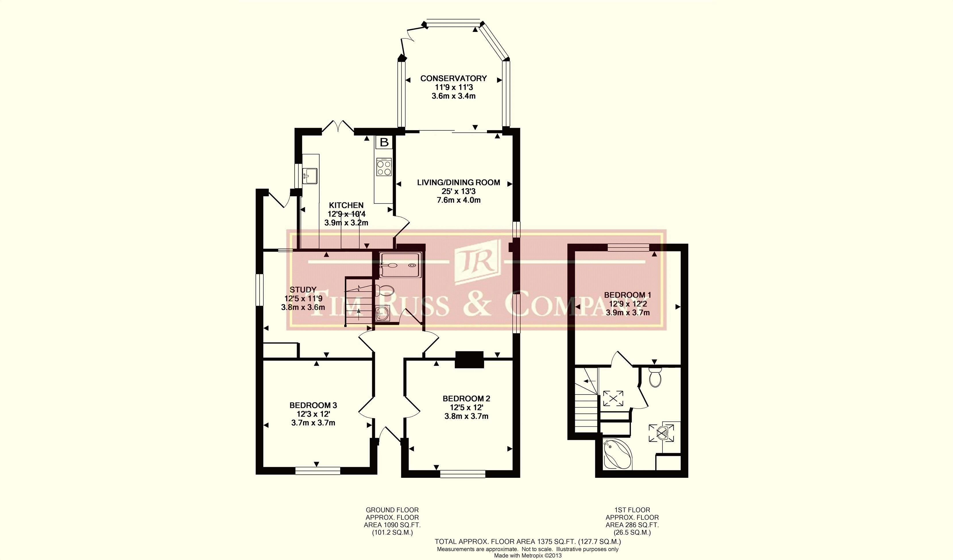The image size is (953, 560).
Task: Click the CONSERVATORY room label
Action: point(453,78)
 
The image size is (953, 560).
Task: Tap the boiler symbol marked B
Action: point(384,143)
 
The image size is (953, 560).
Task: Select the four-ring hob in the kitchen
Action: point(384,167)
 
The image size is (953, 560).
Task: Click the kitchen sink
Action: point(310,176)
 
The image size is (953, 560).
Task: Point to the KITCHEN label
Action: point(346,205)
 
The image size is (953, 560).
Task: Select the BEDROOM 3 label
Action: point(313,405)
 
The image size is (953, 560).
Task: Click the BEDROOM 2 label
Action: point(466,399)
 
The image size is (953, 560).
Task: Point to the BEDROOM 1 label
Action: point(627,295)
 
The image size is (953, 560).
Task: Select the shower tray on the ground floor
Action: point(400,265)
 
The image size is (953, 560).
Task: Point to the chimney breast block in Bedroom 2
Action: point(469,360)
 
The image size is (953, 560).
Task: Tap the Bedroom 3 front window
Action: point(318,471)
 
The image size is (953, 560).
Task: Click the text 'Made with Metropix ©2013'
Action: point(528,555)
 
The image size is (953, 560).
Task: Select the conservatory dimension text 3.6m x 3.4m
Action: point(453,96)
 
